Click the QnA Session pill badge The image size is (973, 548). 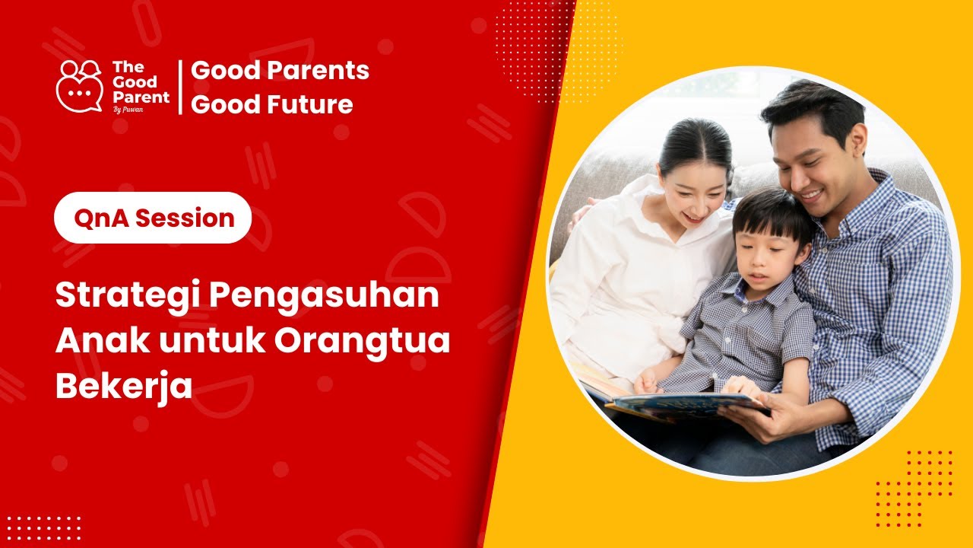pyautogui.click(x=153, y=218)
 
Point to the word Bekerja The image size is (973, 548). pyautogui.click(x=123, y=387)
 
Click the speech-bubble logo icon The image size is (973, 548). pyautogui.click(x=79, y=86)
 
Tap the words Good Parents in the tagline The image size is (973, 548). pyautogui.click(x=280, y=71)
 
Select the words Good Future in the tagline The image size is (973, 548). pyautogui.click(x=271, y=104)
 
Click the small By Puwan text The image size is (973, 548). pyautogui.click(x=128, y=108)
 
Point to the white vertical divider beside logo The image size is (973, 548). pyautogui.click(x=180, y=87)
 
